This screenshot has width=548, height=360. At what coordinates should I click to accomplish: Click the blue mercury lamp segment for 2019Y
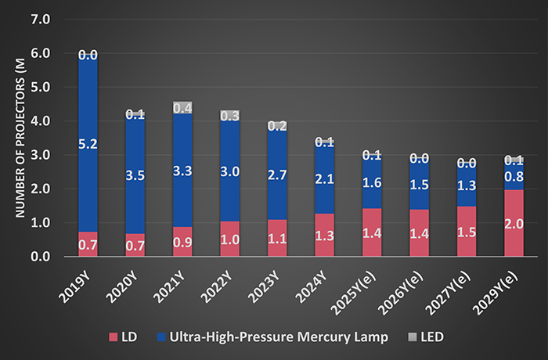tap(88, 157)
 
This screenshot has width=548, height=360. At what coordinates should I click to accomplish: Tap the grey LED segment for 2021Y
tap(183, 107)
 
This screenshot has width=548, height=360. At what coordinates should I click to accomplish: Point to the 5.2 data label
tap(88, 144)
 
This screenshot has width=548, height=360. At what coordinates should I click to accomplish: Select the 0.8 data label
tap(514, 177)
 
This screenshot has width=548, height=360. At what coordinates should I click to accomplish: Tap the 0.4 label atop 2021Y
tap(183, 108)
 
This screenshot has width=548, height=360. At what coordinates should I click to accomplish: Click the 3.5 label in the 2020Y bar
tap(135, 175)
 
